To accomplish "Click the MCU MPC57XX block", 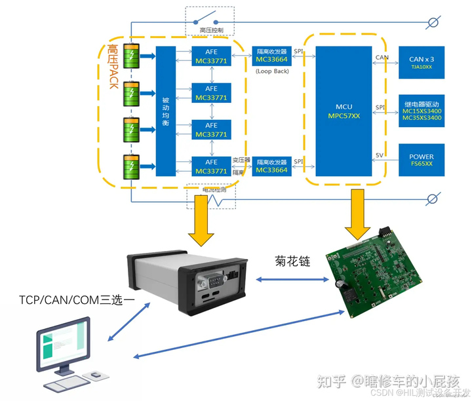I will [344, 111].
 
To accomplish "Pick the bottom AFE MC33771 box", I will [211, 166].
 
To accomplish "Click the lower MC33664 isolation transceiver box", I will [271, 166].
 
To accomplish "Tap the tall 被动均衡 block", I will [165, 111].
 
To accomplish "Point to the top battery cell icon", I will [134, 56].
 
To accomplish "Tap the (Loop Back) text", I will [271, 71].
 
